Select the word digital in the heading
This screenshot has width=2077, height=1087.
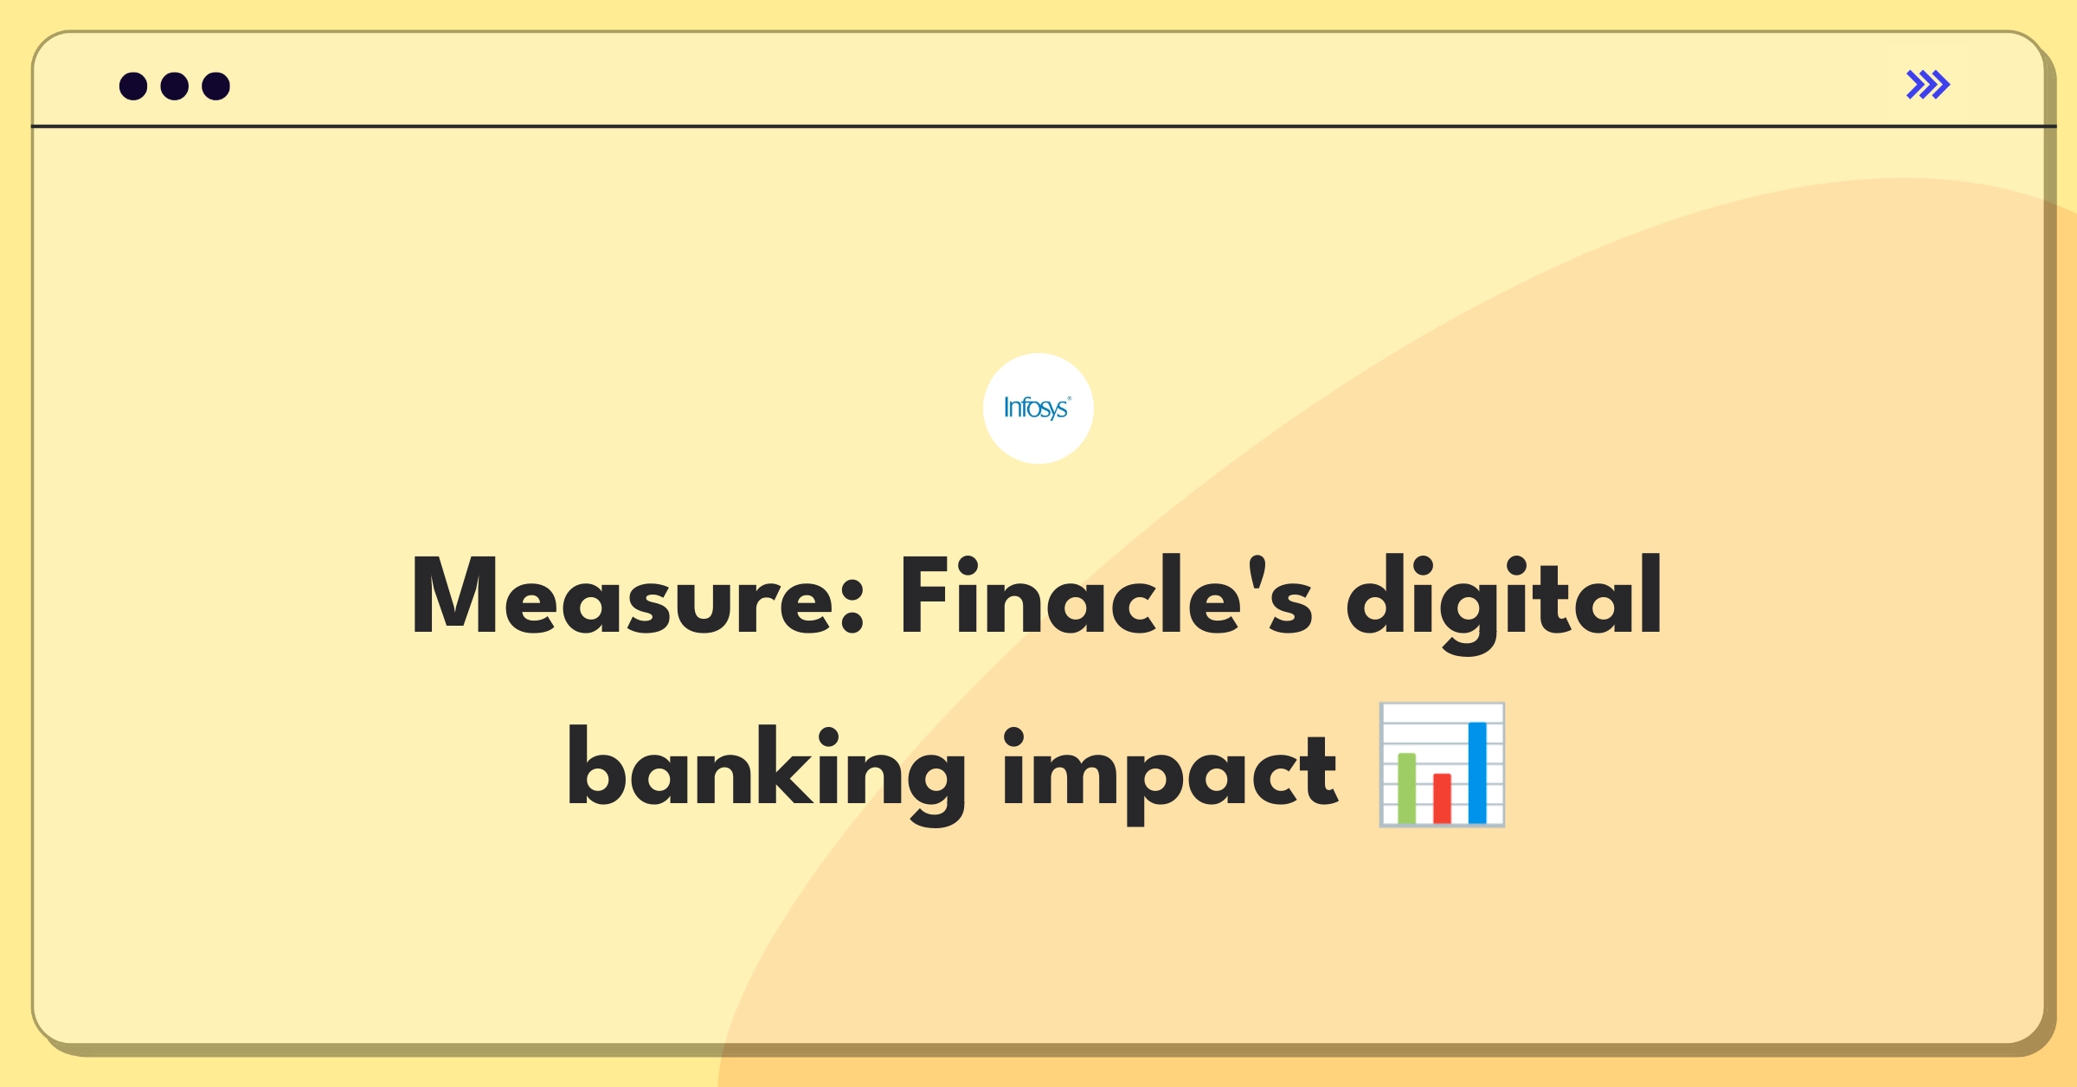tap(1504, 601)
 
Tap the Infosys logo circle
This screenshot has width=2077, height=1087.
tap(1038, 408)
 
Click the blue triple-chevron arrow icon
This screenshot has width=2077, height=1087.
tap(1927, 85)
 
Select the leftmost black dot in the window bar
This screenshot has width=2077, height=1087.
tap(133, 86)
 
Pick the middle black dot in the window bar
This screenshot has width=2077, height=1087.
tap(175, 86)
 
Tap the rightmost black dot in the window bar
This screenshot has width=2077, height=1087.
tap(215, 86)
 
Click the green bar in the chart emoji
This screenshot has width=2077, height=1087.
tap(1407, 788)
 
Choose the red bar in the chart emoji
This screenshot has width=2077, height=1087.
tap(1442, 799)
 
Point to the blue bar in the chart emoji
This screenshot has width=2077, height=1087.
tap(1477, 773)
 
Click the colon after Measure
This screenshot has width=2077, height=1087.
tap(852, 607)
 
